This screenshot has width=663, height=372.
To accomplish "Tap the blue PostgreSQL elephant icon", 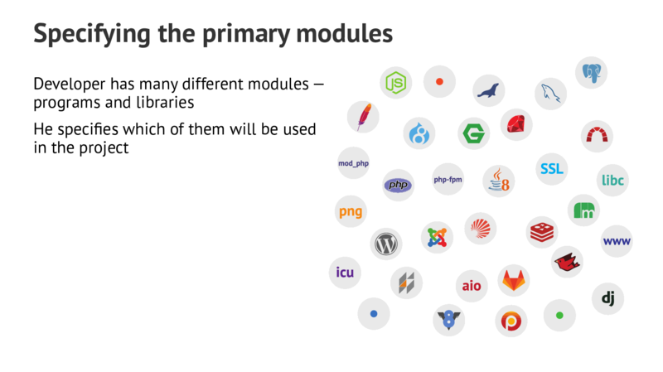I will [x=591, y=72].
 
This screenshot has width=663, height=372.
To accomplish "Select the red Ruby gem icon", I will [x=516, y=124].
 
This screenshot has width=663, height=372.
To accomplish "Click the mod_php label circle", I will [x=353, y=163].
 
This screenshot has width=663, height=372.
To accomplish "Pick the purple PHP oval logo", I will [x=398, y=185].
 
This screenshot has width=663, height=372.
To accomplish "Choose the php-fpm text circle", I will [x=448, y=179].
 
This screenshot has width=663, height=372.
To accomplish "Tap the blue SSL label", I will [x=551, y=169].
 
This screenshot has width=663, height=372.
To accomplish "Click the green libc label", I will [x=612, y=180].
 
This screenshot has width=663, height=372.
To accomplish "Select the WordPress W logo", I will [x=386, y=244].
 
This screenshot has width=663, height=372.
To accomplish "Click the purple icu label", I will [x=345, y=273].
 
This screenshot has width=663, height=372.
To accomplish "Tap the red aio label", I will [x=471, y=286].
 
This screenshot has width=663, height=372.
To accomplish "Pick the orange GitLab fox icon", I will [x=514, y=280].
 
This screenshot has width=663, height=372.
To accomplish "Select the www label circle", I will [x=617, y=241].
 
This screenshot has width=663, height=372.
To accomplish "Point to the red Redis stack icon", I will [x=543, y=232].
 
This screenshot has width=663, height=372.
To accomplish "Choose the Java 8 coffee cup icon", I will [x=499, y=179].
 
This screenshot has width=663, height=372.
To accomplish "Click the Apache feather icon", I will [x=362, y=117].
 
